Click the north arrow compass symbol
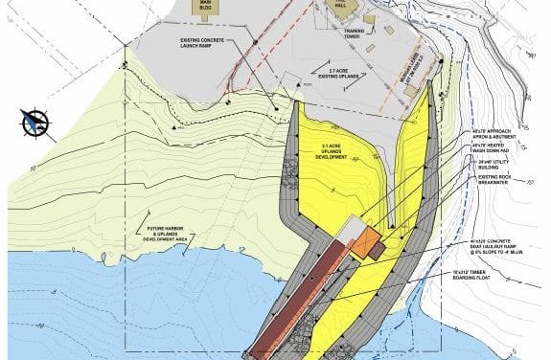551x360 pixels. point(35,123)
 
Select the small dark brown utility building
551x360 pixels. point(379,250)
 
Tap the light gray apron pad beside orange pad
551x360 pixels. point(352,227)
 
